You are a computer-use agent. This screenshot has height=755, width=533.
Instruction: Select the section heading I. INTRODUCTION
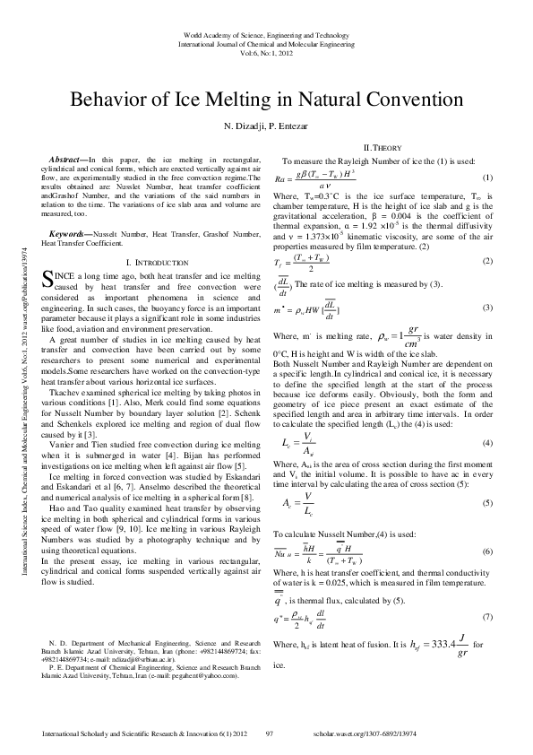tap(157, 261)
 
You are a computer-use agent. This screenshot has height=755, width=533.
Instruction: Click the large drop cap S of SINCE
tap(48, 279)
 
